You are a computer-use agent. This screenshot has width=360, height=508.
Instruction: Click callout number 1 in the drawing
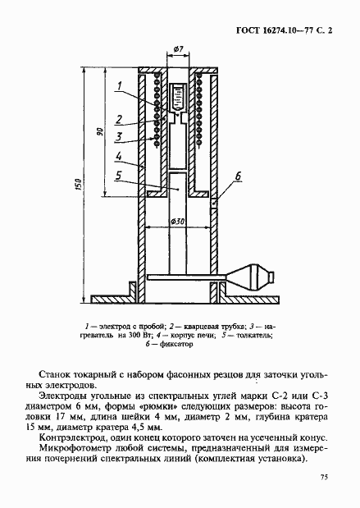click(119, 85)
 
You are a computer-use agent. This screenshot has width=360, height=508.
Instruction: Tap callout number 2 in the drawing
click(119, 119)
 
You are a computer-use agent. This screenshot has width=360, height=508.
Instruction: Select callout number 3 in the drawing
click(119, 135)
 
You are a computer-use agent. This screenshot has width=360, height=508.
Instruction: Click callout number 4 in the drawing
click(119, 155)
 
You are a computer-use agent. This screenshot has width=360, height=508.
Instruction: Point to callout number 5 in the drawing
click(119, 175)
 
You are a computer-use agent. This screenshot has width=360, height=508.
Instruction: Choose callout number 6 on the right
click(238, 176)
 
